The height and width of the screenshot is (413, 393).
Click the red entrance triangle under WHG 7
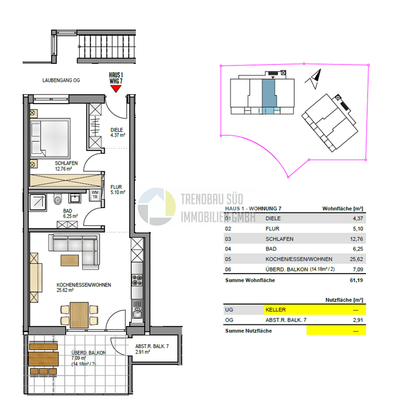point(116,88)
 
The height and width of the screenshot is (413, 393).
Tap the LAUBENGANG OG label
point(61,80)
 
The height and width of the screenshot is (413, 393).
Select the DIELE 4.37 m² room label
point(119,132)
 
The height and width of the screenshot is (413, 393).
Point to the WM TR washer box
point(95,194)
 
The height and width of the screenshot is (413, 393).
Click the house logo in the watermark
point(156,206)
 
